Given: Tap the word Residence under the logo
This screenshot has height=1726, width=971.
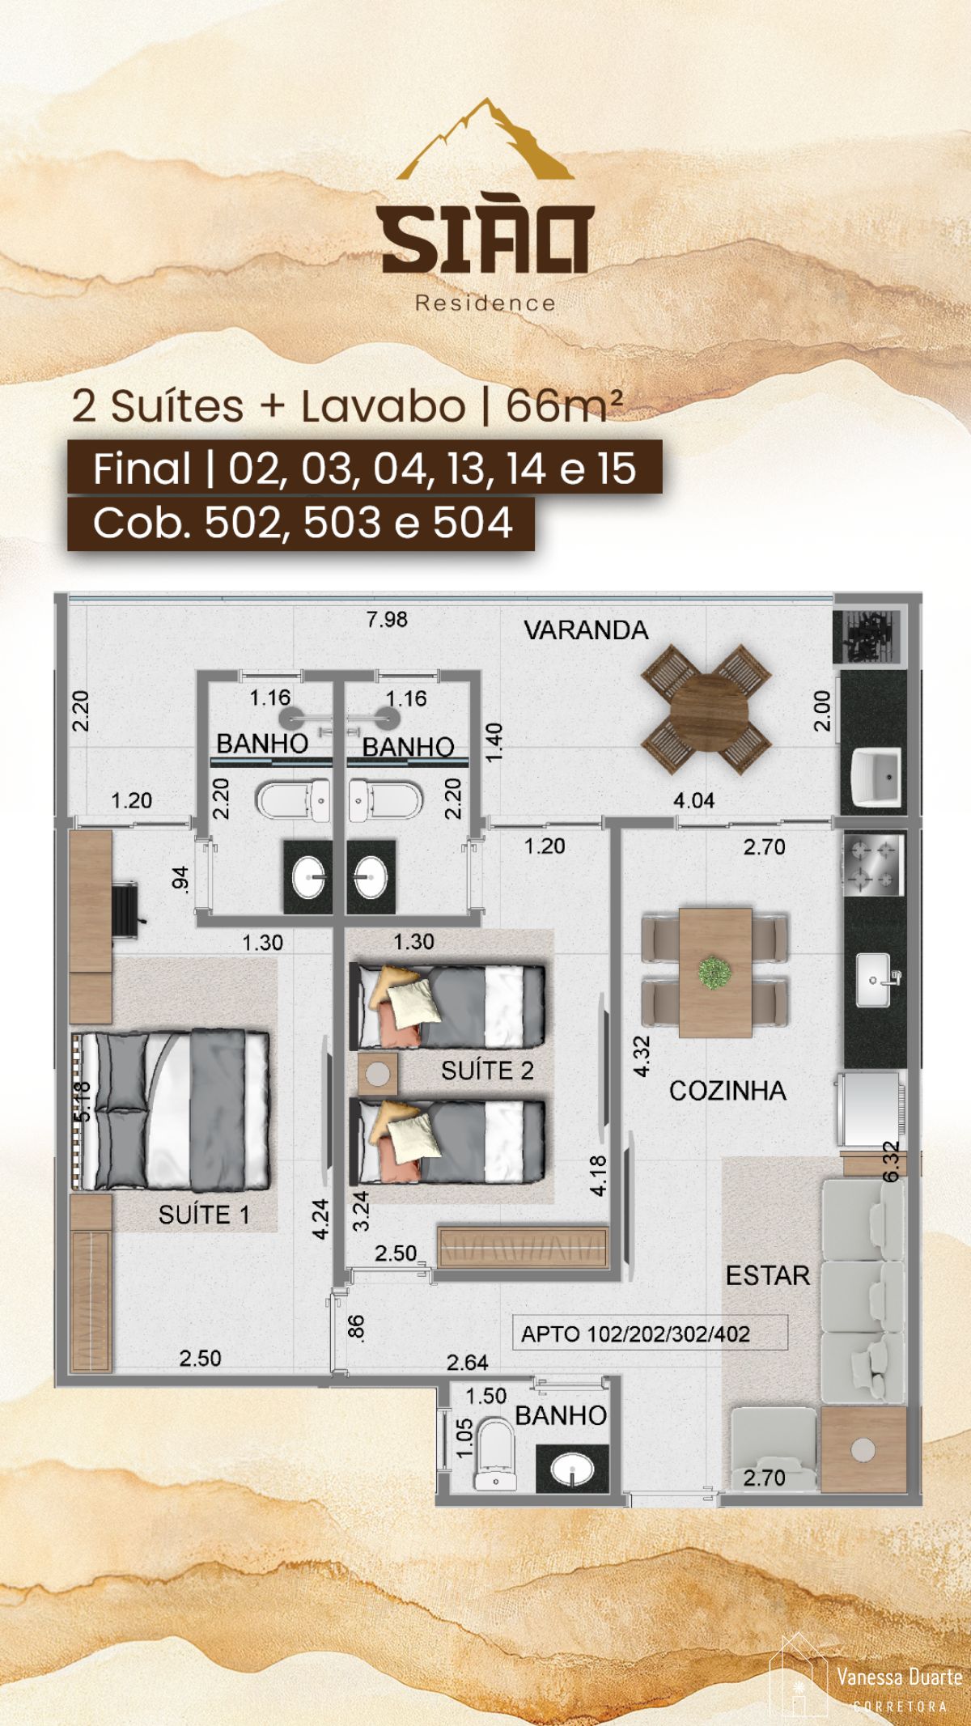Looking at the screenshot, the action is (485, 303).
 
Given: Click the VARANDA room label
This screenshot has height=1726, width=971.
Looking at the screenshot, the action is (586, 630).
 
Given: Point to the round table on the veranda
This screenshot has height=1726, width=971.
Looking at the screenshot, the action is (705, 710).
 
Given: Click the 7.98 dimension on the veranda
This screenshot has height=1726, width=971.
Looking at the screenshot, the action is (387, 620).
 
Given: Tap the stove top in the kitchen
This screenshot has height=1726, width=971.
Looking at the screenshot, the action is (873, 864).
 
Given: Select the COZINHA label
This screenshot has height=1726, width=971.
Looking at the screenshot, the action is (727, 1091).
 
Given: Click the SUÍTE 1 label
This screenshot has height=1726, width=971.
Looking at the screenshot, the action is (204, 1215).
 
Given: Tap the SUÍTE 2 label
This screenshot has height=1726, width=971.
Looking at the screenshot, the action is (487, 1071).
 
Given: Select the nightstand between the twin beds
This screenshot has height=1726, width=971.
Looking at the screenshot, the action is (378, 1074).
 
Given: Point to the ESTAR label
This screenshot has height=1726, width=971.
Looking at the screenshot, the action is (767, 1276).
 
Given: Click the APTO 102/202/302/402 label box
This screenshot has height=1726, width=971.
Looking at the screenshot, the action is (650, 1333).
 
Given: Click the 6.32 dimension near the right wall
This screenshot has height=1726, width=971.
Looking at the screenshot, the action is (890, 1162).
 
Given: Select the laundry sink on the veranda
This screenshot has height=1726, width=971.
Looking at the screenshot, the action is (877, 778).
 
